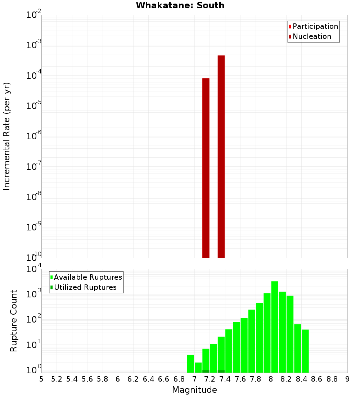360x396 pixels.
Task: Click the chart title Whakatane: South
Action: coord(180,5)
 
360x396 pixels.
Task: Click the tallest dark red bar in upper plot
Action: coord(221,157)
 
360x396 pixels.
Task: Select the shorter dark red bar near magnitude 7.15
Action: coord(206,168)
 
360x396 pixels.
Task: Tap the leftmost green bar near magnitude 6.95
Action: coord(190,364)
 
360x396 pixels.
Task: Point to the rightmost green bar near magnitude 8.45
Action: coord(305,351)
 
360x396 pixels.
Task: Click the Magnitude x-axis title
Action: coord(194,390)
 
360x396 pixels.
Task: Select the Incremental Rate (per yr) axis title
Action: coord(7,136)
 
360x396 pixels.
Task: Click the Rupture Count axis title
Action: coord(14,321)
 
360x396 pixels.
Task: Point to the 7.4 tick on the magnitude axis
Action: coord(225,379)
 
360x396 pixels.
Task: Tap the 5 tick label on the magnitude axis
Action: coord(41,379)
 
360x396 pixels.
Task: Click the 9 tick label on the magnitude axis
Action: coord(347,379)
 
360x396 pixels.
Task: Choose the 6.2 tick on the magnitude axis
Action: coord(133,379)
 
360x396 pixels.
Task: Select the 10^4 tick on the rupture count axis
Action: coord(34,269)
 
